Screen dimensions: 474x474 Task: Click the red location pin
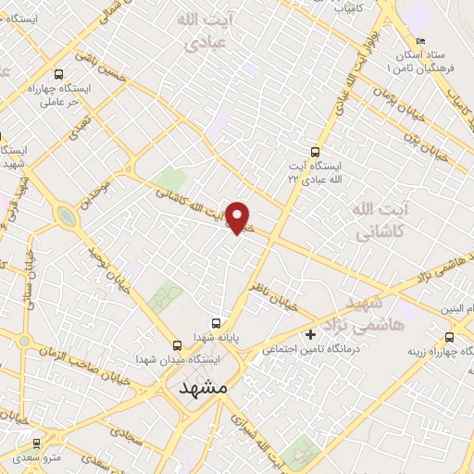point(239,218)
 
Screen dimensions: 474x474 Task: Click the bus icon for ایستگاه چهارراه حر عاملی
point(60,74)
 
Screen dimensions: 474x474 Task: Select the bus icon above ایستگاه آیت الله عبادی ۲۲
point(316,150)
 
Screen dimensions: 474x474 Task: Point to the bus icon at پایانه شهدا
point(216,323)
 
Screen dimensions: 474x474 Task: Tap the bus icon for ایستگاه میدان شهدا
point(177,344)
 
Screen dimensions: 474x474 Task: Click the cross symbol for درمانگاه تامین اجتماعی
point(310,333)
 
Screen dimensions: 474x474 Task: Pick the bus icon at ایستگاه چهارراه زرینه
point(449,337)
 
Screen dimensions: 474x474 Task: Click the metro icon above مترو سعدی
point(37,444)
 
